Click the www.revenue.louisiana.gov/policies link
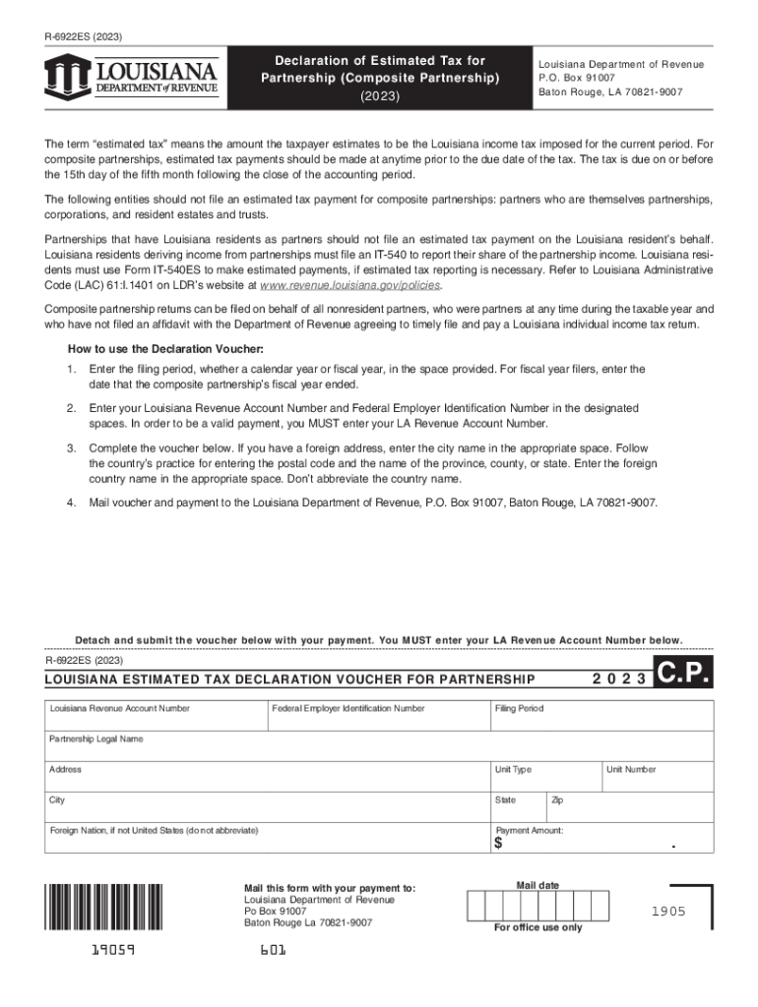click(x=349, y=284)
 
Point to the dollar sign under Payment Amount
click(x=498, y=844)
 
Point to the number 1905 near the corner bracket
click(x=667, y=912)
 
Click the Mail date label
click(x=537, y=886)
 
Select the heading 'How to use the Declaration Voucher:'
click(x=165, y=349)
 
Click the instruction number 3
click(x=71, y=447)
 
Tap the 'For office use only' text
click(x=538, y=927)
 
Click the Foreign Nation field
click(x=266, y=839)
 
